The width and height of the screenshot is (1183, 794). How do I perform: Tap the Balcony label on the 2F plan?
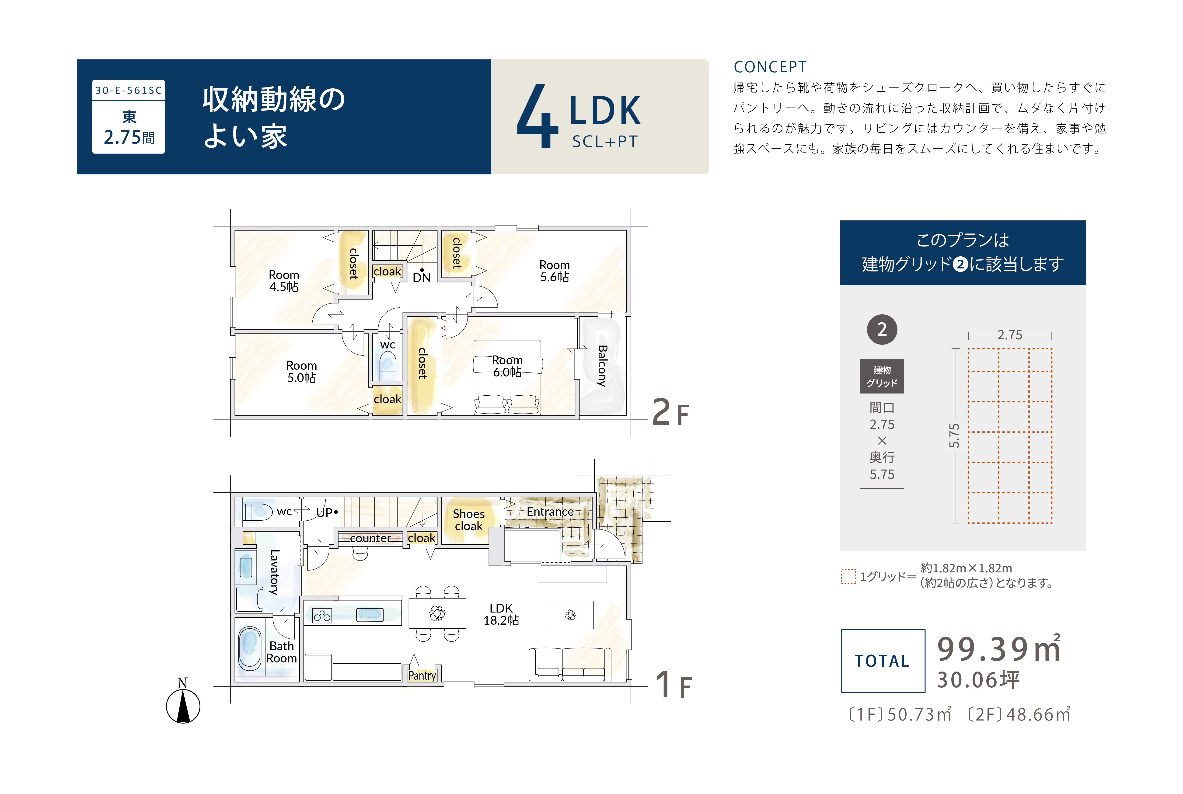(x=602, y=366)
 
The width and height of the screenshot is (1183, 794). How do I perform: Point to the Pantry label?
(x=422, y=676)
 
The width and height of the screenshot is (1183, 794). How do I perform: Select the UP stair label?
(x=324, y=512)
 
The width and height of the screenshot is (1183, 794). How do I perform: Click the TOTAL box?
(x=883, y=661)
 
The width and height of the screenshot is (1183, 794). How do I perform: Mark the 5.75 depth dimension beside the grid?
(x=954, y=435)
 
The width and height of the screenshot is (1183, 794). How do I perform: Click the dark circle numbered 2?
(x=882, y=330)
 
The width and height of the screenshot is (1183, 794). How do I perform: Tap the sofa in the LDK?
(x=569, y=664)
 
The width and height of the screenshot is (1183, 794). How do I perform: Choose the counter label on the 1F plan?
(x=370, y=538)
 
